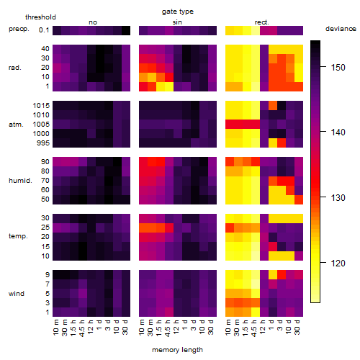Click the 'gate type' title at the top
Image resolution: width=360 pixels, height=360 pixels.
[x=178, y=12]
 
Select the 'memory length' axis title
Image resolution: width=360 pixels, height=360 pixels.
[x=177, y=350]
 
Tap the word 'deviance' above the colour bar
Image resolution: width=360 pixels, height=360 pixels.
[x=341, y=29]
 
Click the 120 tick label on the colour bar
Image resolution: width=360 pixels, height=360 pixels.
[x=338, y=264]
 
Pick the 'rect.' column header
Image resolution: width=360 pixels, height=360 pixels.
[x=261, y=22]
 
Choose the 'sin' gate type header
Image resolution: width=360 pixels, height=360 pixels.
[x=177, y=22]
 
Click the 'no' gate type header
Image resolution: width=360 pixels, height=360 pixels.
[x=93, y=22]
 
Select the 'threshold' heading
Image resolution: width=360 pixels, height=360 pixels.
[x=40, y=17]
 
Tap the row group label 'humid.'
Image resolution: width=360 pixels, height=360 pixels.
[x=20, y=181]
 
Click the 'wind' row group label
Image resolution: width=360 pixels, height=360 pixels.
[x=17, y=294]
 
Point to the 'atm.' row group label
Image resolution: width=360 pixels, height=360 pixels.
[x=16, y=125]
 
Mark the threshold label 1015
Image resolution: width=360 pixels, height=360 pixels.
[x=41, y=106]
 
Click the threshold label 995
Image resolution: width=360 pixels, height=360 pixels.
[x=43, y=143]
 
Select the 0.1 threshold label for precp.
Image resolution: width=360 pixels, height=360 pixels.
[x=44, y=30]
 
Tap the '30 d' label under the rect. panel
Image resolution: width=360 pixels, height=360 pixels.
[x=297, y=327]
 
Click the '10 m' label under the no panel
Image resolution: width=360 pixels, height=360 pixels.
[x=55, y=328]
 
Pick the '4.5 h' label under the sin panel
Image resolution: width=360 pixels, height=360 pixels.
[x=168, y=328]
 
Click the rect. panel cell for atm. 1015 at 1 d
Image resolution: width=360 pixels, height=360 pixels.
[x=273, y=106]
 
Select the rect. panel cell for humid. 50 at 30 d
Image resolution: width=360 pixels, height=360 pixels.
[x=299, y=199]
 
